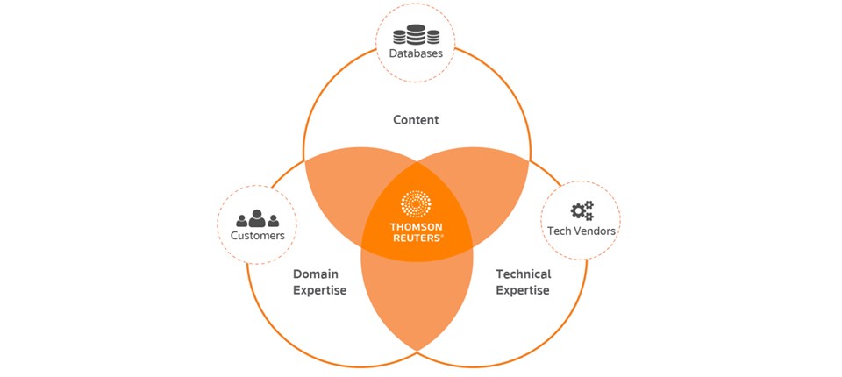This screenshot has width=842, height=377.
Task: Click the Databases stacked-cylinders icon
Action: pos(416,36)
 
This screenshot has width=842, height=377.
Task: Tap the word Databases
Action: pos(416,54)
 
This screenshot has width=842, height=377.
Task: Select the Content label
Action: pos(416,120)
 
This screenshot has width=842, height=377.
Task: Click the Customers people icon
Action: pos(257,218)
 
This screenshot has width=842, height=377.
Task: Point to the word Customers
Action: pos(257,236)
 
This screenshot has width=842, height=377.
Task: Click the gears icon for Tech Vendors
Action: pos(582,210)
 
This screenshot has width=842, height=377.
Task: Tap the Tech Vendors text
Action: pos(580,231)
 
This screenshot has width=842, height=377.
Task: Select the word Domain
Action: pos(315,274)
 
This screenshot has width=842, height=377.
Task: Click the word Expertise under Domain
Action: pos(319,290)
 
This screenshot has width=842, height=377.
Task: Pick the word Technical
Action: pos(523,274)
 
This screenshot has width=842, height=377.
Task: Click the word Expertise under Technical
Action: pos(523,290)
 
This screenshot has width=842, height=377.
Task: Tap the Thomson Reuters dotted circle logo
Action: pos(417,204)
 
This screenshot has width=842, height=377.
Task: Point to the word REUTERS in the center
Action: pos(415,237)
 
